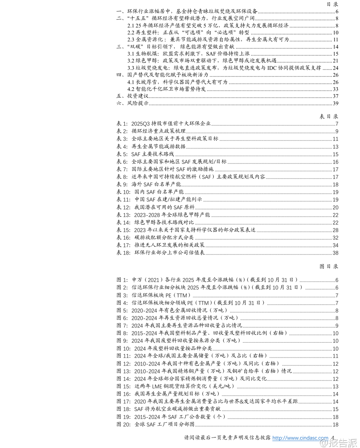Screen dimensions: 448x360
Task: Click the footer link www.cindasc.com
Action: tap(300, 438)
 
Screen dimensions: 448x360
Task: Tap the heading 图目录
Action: tap(328, 266)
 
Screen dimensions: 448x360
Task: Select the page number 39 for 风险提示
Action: tap(335, 103)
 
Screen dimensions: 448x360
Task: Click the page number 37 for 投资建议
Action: tap(335, 96)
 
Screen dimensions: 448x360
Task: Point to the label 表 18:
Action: tap(124, 253)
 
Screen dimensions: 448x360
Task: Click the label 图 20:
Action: tap(124, 424)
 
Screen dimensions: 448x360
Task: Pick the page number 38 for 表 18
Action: tap(335, 253)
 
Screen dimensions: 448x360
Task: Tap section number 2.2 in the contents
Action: tap(131, 33)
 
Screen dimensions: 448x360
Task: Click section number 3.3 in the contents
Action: tap(131, 68)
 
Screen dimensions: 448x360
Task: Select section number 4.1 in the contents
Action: tap(131, 82)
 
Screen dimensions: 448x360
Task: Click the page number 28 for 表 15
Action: tap(335, 230)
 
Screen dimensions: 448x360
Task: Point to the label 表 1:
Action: tap(122, 124)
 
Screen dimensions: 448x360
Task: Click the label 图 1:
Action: tap(122, 280)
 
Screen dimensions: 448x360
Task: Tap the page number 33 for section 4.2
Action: tap(335, 89)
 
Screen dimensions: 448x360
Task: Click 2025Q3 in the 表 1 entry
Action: tap(140, 124)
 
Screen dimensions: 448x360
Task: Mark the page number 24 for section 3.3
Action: tap(335, 68)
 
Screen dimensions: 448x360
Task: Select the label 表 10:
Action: tap(124, 192)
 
